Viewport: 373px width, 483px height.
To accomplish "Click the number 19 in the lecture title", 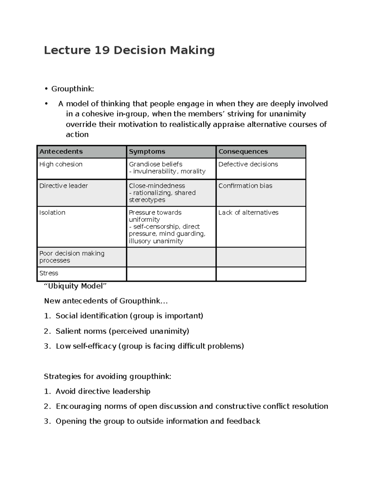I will [102, 50].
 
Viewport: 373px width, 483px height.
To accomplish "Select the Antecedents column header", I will [61, 151].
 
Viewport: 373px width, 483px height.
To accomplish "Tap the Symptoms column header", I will [147, 151].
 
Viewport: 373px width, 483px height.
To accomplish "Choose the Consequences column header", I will [243, 151].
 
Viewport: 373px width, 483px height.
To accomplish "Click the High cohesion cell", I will [61, 164].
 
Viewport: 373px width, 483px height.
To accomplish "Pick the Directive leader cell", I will [63, 186].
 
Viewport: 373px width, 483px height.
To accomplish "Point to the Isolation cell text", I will [52, 212].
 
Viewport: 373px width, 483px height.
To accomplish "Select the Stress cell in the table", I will [49, 273].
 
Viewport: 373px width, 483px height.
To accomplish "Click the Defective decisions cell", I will [248, 164].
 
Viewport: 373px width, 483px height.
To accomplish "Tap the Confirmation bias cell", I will [245, 186].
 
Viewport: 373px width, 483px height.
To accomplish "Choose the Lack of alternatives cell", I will [248, 212].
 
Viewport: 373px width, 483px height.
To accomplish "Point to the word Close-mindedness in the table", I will [157, 186].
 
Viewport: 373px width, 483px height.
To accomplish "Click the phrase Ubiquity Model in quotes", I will [75, 286].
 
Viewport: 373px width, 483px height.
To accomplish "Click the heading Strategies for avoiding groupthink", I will [108, 377].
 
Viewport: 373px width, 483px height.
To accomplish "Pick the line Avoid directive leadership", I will [103, 391].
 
